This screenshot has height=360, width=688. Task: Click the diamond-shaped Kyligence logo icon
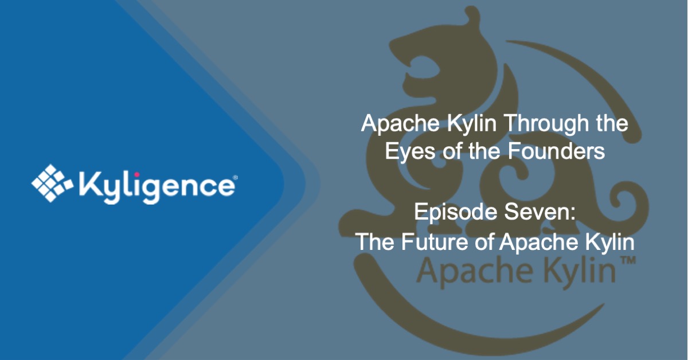tap(52, 183)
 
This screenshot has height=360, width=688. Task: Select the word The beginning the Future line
tap(374, 241)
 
